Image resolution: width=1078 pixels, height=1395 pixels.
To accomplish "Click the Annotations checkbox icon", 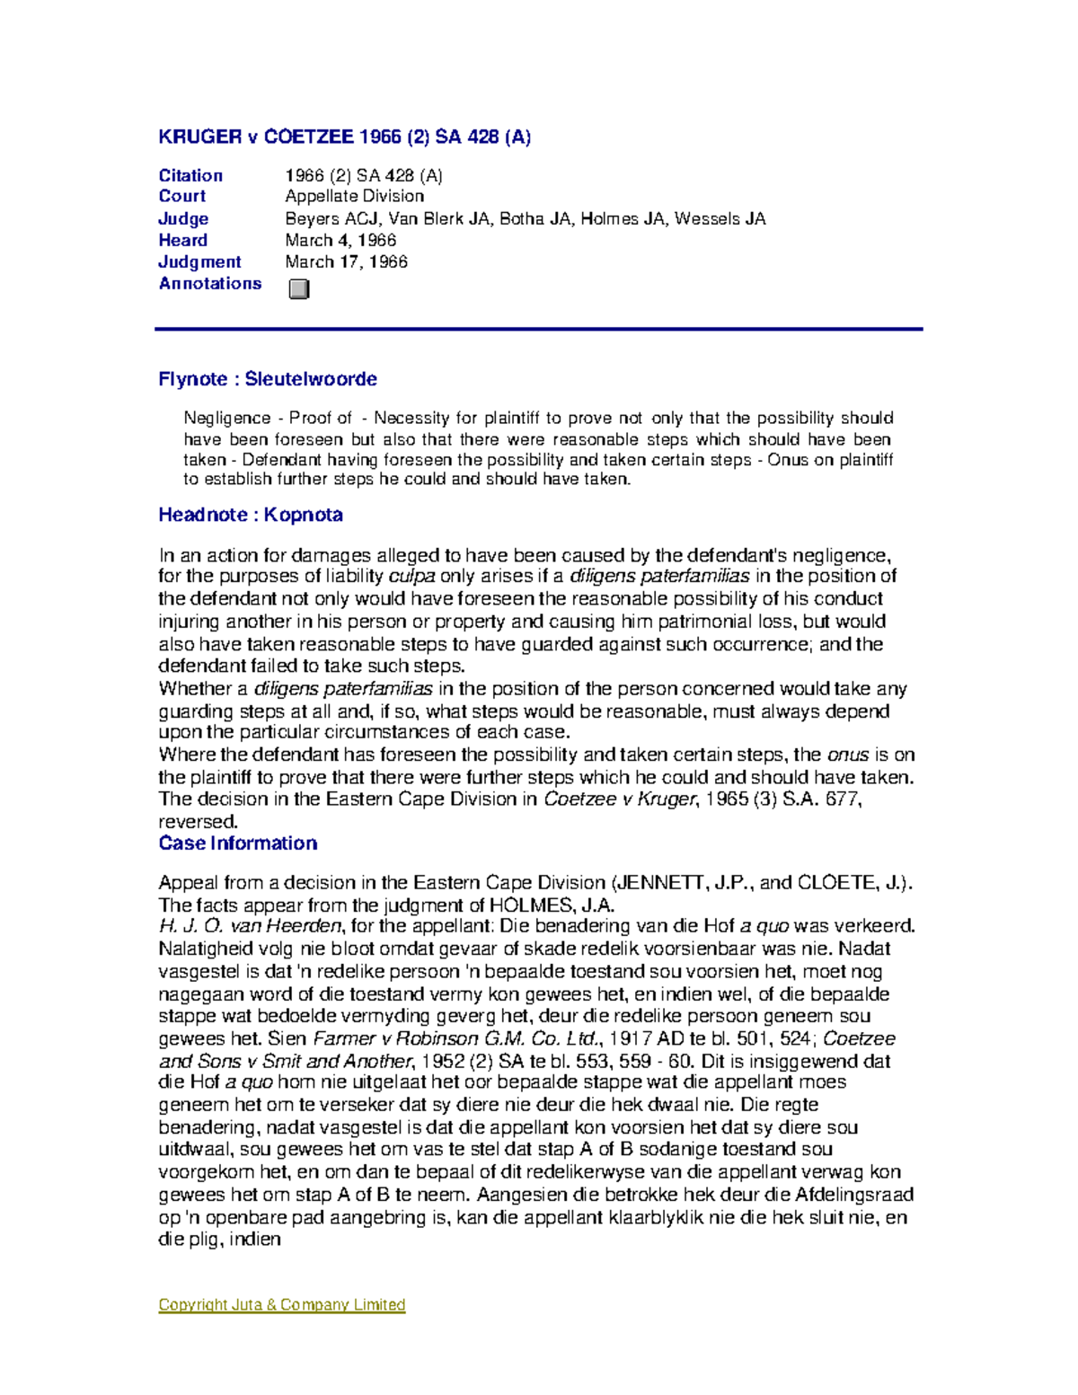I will pos(299,288).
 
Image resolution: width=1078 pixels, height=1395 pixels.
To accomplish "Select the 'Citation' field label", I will pos(190,175).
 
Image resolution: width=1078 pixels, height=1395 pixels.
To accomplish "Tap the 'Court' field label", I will pos(182,196).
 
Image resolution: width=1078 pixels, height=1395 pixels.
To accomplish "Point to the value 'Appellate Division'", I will pos(354,196).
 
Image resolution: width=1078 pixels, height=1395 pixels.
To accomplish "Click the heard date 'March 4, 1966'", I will pos(340,240).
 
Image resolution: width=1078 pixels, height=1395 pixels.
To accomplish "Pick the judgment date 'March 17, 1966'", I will pos(346,261).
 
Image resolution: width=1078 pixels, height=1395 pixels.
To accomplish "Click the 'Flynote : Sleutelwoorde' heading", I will pos(268,379).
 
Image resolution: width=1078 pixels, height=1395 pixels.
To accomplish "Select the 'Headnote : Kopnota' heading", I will pos(251,515).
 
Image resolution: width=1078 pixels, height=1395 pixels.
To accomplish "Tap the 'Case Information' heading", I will pos(238,843).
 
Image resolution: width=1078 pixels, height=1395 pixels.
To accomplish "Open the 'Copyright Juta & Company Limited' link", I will pos(282,1304).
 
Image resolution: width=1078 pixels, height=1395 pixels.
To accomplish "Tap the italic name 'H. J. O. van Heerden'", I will pos(250,926).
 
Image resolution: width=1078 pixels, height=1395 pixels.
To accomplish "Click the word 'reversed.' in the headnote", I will pos(199,821).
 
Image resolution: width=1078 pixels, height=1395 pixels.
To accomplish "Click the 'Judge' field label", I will pos(183,218).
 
